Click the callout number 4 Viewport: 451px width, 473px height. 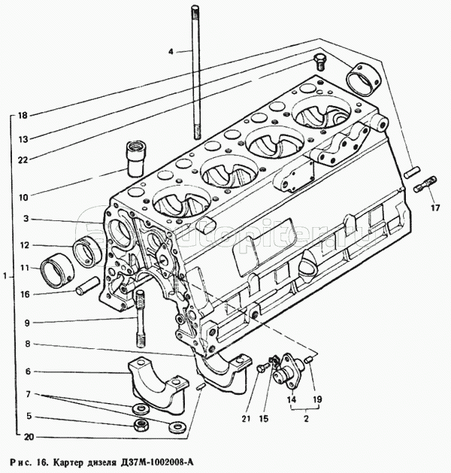point(171,51)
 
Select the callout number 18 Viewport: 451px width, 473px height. point(23,115)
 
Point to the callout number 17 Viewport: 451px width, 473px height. point(434,208)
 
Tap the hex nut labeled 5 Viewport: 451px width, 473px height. point(141,426)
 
